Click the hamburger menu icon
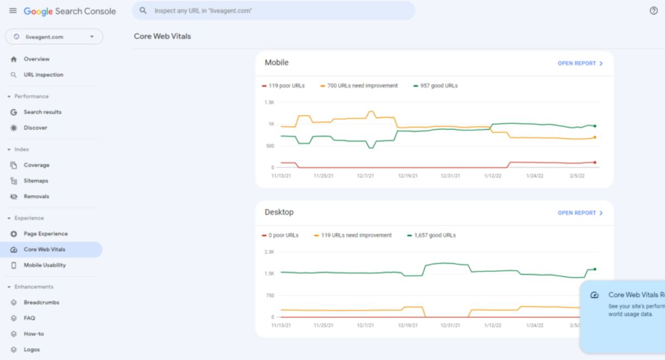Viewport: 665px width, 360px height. tap(13, 11)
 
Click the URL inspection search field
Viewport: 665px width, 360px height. tap(273, 11)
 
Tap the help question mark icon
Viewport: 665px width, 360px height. tap(653, 11)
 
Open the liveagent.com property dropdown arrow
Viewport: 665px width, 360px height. tap(92, 37)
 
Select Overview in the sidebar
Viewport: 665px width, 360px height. tap(37, 59)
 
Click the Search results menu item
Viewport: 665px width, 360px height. tap(43, 112)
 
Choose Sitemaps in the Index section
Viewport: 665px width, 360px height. tap(36, 181)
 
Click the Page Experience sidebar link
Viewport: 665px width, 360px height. tap(45, 234)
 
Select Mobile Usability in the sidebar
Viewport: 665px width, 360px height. tap(44, 265)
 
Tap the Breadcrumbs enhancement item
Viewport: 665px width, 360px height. tap(42, 302)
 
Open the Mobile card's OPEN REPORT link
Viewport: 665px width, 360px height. tap(580, 64)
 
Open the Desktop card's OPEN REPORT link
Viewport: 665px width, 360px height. tap(580, 213)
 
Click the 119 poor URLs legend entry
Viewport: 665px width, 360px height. tap(283, 86)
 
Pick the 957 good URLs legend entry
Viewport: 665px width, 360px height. tap(436, 86)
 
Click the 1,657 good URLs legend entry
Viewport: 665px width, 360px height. tap(431, 235)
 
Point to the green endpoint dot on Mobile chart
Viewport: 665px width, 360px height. tap(595, 126)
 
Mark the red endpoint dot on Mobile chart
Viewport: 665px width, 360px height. tap(595, 162)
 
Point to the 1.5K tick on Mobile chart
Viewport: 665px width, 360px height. tap(269, 102)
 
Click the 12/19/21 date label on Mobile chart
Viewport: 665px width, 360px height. tap(408, 176)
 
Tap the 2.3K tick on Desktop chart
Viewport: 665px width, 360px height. tap(269, 252)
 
